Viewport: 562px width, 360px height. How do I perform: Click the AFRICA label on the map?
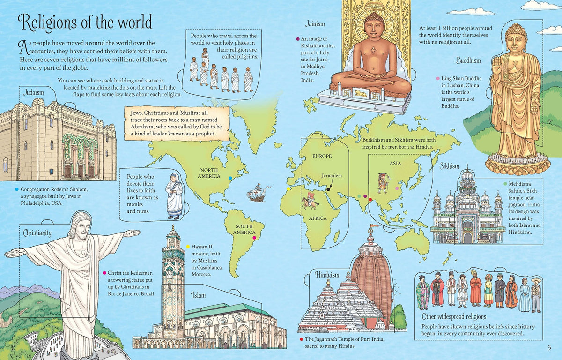(318, 218)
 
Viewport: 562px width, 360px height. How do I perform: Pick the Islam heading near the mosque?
(198, 295)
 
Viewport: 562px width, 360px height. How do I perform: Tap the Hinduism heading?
(327, 274)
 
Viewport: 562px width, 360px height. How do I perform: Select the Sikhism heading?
(449, 166)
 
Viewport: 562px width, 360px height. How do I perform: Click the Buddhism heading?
(468, 60)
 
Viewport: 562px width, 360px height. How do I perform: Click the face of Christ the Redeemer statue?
(81, 227)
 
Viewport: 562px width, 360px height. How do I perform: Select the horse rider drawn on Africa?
(310, 200)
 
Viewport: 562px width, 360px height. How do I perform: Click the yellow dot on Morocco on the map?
(288, 189)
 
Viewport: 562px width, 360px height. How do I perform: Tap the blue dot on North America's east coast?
(229, 178)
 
